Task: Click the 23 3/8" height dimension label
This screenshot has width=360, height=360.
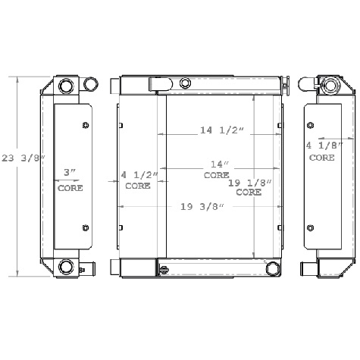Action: point(23,158)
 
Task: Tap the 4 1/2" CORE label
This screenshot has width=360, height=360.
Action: point(138,180)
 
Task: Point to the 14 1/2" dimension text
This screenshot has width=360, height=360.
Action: point(221,130)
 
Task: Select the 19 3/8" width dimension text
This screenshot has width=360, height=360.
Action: point(199,207)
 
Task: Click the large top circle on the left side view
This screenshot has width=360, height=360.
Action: point(65,84)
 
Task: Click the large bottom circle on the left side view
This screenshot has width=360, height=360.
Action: point(66,266)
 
